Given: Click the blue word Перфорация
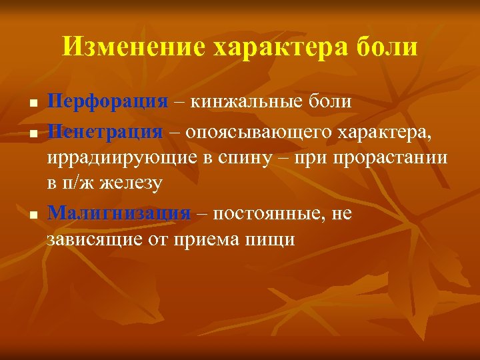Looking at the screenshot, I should [107, 102].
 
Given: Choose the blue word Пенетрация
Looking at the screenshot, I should [105, 131].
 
